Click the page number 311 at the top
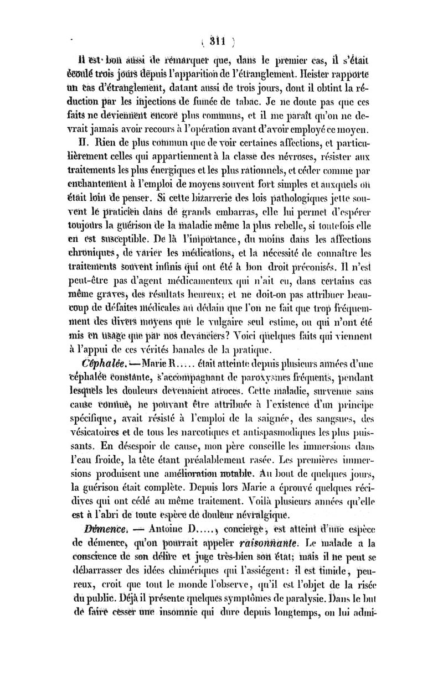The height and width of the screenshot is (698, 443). point(221,40)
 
